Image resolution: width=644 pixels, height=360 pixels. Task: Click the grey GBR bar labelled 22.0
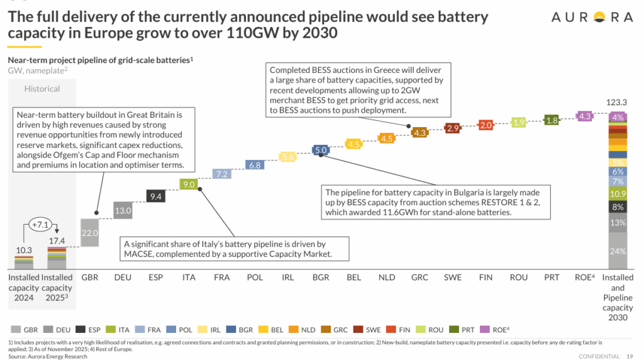click(x=90, y=232)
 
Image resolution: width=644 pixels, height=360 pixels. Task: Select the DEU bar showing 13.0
click(x=123, y=210)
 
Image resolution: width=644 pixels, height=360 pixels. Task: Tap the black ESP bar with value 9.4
click(x=157, y=196)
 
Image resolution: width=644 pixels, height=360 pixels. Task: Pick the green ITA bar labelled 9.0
click(x=188, y=184)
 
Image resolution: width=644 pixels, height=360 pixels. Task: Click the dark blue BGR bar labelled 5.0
click(x=321, y=150)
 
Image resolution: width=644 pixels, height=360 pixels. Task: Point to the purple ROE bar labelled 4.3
click(x=585, y=116)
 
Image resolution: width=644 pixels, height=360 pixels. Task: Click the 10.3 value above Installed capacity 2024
click(x=23, y=250)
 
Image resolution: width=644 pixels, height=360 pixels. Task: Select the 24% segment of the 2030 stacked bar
click(x=618, y=251)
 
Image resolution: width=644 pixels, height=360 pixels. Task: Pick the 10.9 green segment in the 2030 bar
click(x=618, y=194)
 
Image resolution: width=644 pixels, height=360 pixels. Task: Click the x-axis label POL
click(x=254, y=278)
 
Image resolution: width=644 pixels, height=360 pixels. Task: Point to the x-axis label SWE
click(x=453, y=278)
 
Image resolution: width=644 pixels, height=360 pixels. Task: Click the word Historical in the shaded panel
click(x=42, y=89)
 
